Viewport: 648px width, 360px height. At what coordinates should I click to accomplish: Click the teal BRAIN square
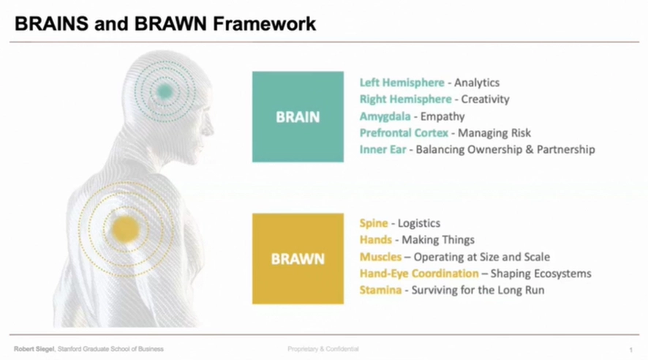pyautogui.click(x=298, y=117)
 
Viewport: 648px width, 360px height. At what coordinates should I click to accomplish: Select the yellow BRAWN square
pyautogui.click(x=298, y=259)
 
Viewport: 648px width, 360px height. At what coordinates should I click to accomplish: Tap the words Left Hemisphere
pyautogui.click(x=402, y=83)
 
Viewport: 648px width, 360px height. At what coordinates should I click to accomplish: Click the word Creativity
pyautogui.click(x=485, y=100)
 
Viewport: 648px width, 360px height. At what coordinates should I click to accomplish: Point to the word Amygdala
pyautogui.click(x=385, y=116)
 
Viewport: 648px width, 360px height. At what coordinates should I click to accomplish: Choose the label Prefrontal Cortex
pyautogui.click(x=404, y=132)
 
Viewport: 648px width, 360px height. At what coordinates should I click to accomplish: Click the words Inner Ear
pyautogui.click(x=383, y=149)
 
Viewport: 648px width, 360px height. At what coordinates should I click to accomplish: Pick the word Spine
pyautogui.click(x=374, y=224)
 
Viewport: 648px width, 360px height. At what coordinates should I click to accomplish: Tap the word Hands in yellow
pyautogui.click(x=376, y=240)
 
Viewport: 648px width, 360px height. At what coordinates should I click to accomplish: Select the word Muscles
pyautogui.click(x=380, y=257)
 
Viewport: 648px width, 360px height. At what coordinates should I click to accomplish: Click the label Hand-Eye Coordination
pyautogui.click(x=419, y=274)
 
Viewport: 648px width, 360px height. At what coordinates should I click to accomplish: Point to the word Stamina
pyautogui.click(x=380, y=290)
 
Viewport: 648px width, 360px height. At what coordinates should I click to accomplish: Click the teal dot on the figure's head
pyautogui.click(x=165, y=91)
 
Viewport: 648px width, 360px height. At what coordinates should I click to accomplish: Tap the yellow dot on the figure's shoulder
pyautogui.click(x=125, y=228)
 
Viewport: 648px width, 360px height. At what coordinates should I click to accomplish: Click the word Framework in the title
pyautogui.click(x=265, y=23)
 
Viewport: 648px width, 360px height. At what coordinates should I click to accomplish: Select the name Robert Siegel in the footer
pyautogui.click(x=34, y=349)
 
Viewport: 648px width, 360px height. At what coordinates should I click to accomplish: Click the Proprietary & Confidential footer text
pyautogui.click(x=323, y=349)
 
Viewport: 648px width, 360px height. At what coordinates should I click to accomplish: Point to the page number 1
pyautogui.click(x=631, y=350)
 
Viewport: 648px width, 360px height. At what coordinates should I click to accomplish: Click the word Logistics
pyautogui.click(x=419, y=224)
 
